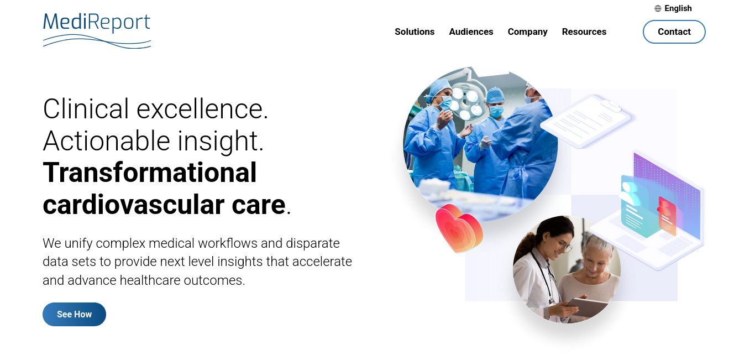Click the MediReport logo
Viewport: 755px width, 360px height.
(x=97, y=30)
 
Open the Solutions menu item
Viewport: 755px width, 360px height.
(x=415, y=32)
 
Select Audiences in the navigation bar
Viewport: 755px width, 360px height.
(x=471, y=32)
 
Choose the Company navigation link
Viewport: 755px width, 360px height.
(x=527, y=32)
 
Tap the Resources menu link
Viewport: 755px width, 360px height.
(x=584, y=32)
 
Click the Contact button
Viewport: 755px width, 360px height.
(x=674, y=32)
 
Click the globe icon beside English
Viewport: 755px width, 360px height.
(x=658, y=8)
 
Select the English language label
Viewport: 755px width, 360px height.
(x=678, y=8)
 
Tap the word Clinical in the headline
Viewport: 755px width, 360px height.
(x=86, y=109)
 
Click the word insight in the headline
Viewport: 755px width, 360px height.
(x=221, y=142)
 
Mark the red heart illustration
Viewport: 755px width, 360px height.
(x=459, y=228)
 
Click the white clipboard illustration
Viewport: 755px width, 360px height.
(x=587, y=121)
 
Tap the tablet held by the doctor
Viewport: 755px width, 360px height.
(x=588, y=306)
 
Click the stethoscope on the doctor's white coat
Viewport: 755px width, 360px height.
(x=543, y=276)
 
